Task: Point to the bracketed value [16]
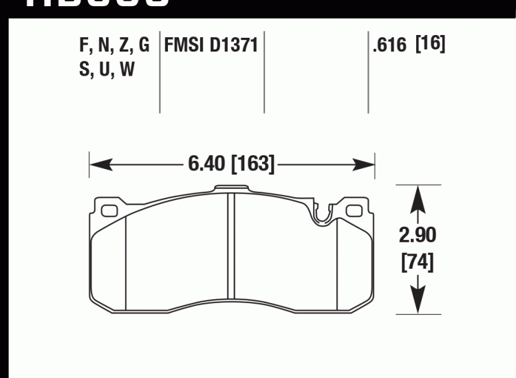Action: point(431,45)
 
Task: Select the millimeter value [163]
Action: point(253,164)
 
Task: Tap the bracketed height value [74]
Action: point(417,263)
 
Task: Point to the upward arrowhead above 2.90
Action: point(417,197)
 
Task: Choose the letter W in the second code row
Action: point(127,69)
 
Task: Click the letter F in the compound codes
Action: point(85,47)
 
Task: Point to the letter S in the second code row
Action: point(84,69)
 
